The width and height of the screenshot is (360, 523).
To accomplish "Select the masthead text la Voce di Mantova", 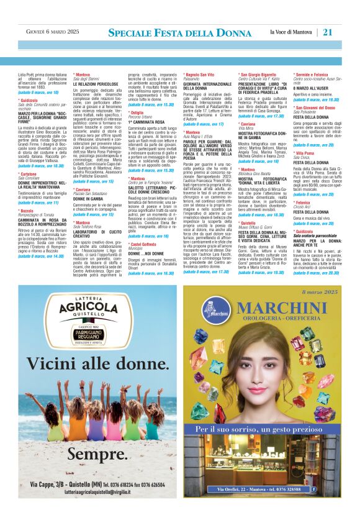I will [292, 32].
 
